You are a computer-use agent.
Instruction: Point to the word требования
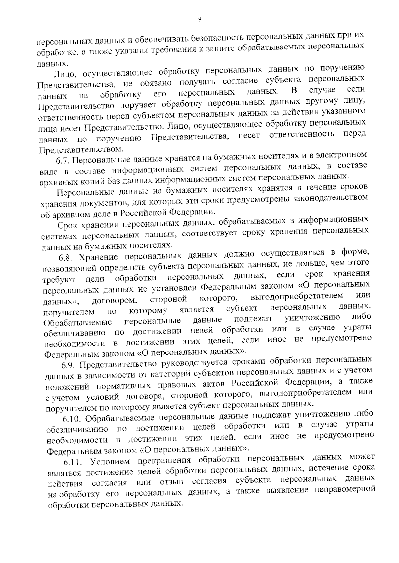click(174, 50)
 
